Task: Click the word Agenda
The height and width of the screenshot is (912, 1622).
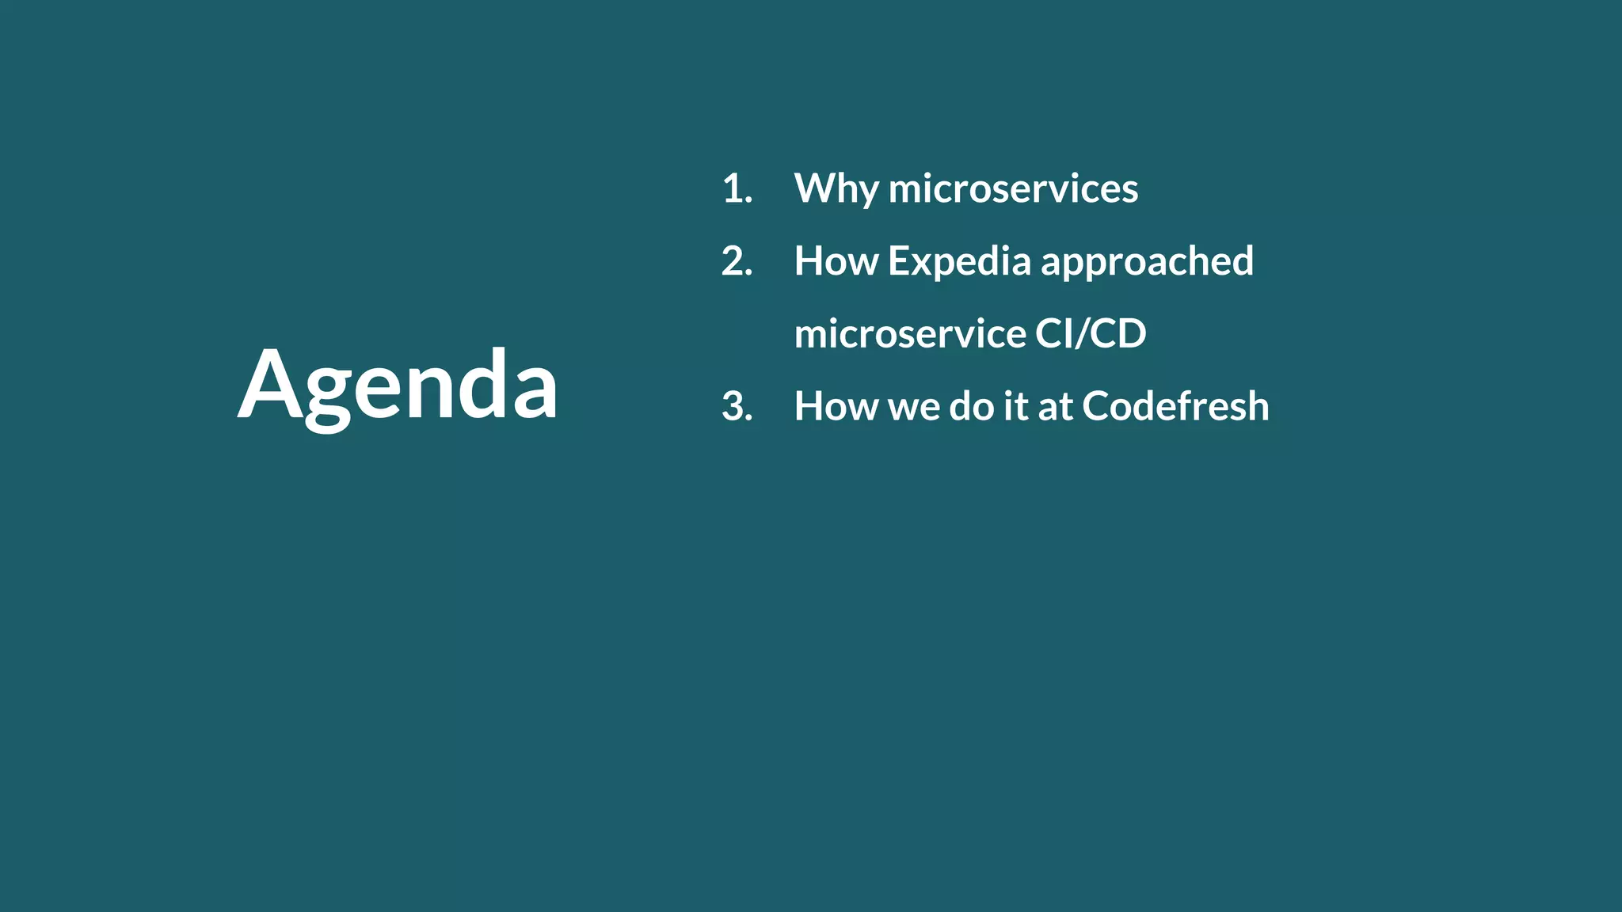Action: pyautogui.click(x=398, y=385)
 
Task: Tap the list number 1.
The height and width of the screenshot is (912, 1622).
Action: pyautogui.click(x=737, y=188)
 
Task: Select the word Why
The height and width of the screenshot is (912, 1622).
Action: pyautogui.click(x=836, y=188)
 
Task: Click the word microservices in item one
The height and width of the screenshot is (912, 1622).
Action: pyautogui.click(x=1013, y=188)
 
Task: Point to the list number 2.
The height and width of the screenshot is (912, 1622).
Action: pyautogui.click(x=737, y=261)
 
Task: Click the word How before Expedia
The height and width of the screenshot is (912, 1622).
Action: pyautogui.click(x=836, y=261)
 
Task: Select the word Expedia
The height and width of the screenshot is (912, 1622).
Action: pyautogui.click(x=959, y=261)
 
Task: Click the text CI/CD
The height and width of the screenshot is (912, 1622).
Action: pyautogui.click(x=1091, y=333)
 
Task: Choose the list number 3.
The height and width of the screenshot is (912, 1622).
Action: pyautogui.click(x=737, y=406)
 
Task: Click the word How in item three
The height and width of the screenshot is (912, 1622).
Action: pyautogui.click(x=836, y=406)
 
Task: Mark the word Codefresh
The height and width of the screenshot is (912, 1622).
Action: pyautogui.click(x=1175, y=406)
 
